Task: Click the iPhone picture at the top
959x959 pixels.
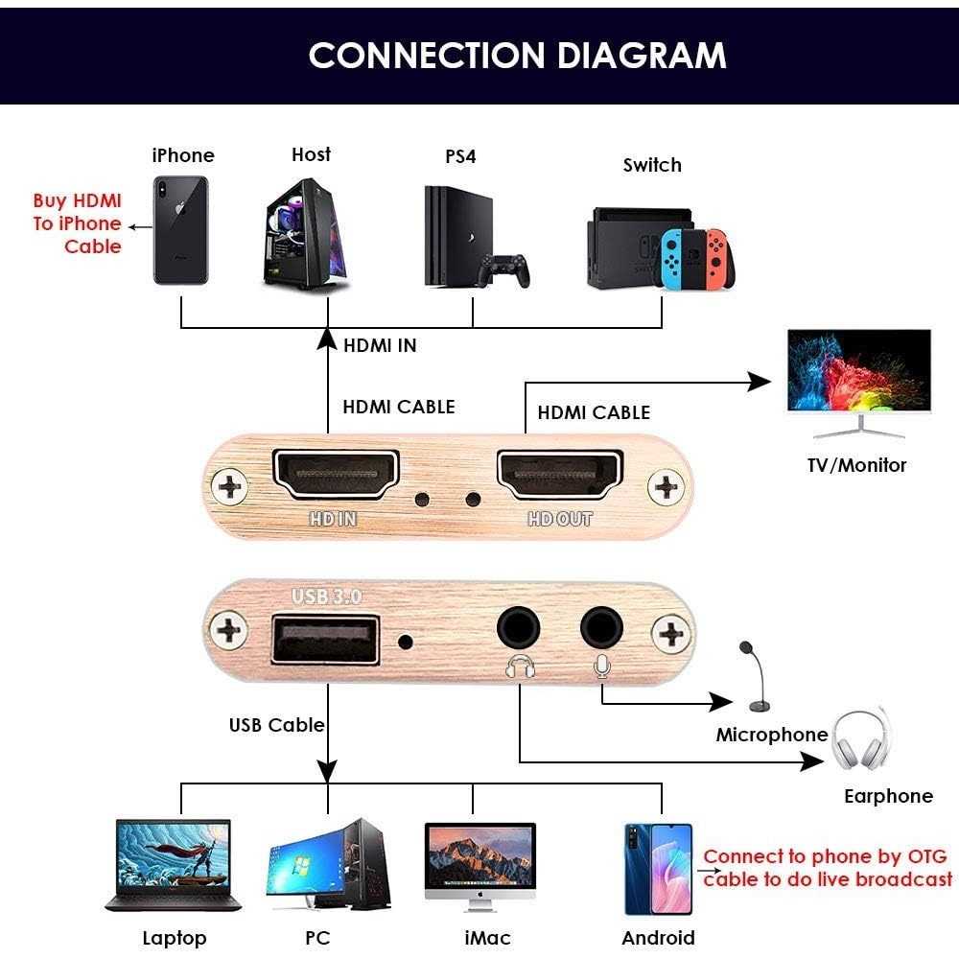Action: click(180, 229)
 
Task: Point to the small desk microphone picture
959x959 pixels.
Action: click(754, 677)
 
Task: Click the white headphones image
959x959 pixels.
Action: click(861, 741)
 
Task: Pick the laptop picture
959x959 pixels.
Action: click(174, 863)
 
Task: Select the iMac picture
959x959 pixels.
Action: click(479, 863)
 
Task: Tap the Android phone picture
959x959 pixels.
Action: click(658, 868)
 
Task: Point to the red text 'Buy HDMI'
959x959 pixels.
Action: click(77, 201)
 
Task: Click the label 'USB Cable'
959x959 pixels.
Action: click(276, 725)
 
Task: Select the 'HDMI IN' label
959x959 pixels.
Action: click(380, 345)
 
